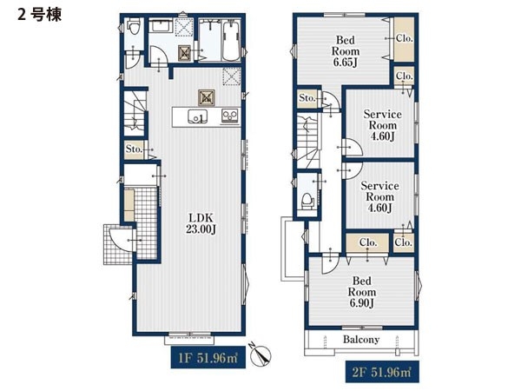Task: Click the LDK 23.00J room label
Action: coord(201,223)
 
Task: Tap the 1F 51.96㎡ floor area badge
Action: coord(208,357)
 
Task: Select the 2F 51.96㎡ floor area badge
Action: coord(382,372)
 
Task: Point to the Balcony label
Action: coord(361,340)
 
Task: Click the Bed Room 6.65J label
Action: coord(346,51)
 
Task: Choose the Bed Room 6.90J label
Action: coord(362,292)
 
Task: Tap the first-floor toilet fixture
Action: coord(134,27)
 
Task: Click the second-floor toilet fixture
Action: coord(307,201)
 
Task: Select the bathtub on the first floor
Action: coord(231,41)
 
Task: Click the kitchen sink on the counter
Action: coord(197,116)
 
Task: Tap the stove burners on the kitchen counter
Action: coord(230,116)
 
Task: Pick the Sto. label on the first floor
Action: coord(134,149)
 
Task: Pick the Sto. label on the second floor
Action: coord(307,98)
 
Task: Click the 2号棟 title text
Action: coord(39,15)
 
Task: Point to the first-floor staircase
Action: coord(135,113)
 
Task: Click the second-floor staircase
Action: coord(308,140)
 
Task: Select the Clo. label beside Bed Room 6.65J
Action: coord(405,38)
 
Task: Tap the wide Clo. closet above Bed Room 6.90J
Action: coord(367,242)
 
